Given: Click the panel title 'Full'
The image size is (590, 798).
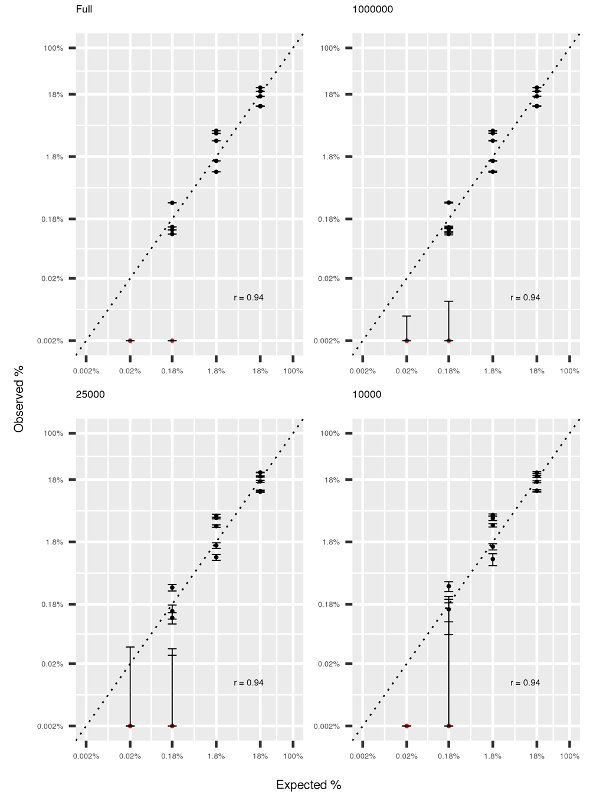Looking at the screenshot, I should click(84, 9).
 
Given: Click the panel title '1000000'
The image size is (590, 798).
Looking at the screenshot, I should click(372, 9).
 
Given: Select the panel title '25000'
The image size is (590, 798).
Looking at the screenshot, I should click(90, 395).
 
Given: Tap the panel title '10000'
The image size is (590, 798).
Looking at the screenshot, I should click(367, 395).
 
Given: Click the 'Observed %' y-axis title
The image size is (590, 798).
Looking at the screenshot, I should click(19, 399).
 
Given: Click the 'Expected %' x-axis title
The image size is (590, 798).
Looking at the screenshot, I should click(309, 785).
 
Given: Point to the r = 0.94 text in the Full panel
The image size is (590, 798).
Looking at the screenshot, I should click(248, 298).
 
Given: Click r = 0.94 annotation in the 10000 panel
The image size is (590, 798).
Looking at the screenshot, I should click(525, 683).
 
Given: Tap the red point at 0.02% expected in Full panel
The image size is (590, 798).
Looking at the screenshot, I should click(130, 341).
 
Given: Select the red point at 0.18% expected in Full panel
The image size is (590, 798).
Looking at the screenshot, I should click(172, 341).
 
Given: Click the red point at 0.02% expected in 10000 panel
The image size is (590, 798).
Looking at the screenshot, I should click(407, 726).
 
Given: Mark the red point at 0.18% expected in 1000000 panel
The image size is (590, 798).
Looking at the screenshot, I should click(448, 341).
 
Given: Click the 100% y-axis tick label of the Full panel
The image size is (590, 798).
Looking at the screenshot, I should click(53, 48).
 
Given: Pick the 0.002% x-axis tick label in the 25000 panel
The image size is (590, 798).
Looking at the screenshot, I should click(86, 756).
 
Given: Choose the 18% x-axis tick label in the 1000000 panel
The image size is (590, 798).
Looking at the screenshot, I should click(537, 371).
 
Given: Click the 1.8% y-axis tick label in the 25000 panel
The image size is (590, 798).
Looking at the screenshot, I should click(55, 543).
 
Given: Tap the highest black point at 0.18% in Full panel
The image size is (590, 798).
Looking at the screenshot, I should click(172, 203).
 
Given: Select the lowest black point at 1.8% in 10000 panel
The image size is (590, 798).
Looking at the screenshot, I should click(493, 559).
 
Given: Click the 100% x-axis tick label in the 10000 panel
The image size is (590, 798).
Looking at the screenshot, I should click(569, 756).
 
